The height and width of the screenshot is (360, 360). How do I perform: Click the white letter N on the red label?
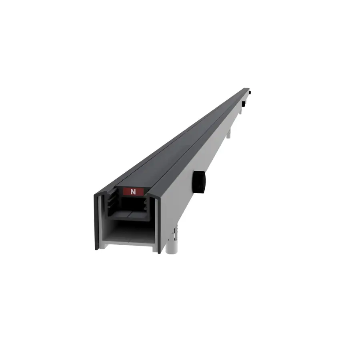(133, 192)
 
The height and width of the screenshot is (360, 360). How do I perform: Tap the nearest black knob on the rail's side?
(199, 182)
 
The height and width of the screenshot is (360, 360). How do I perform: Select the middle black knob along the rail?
(243, 104)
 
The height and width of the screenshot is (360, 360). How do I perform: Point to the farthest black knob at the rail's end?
(250, 92)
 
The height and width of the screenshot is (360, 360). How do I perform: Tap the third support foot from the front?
(240, 111)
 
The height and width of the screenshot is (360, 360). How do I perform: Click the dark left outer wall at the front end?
(97, 222)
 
